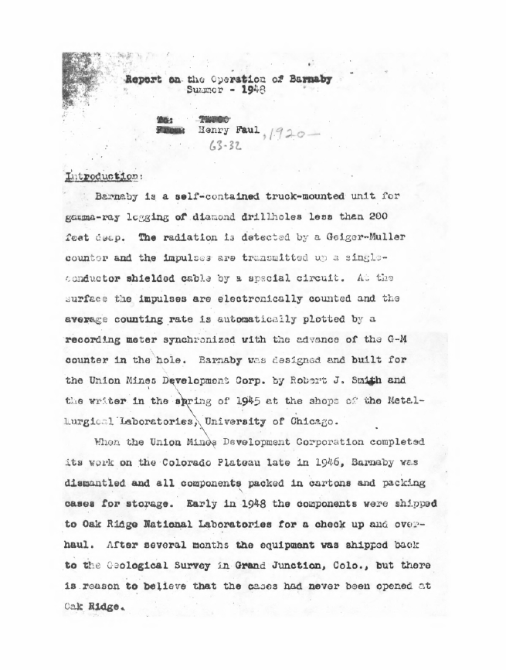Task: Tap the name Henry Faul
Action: [x=226, y=131]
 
